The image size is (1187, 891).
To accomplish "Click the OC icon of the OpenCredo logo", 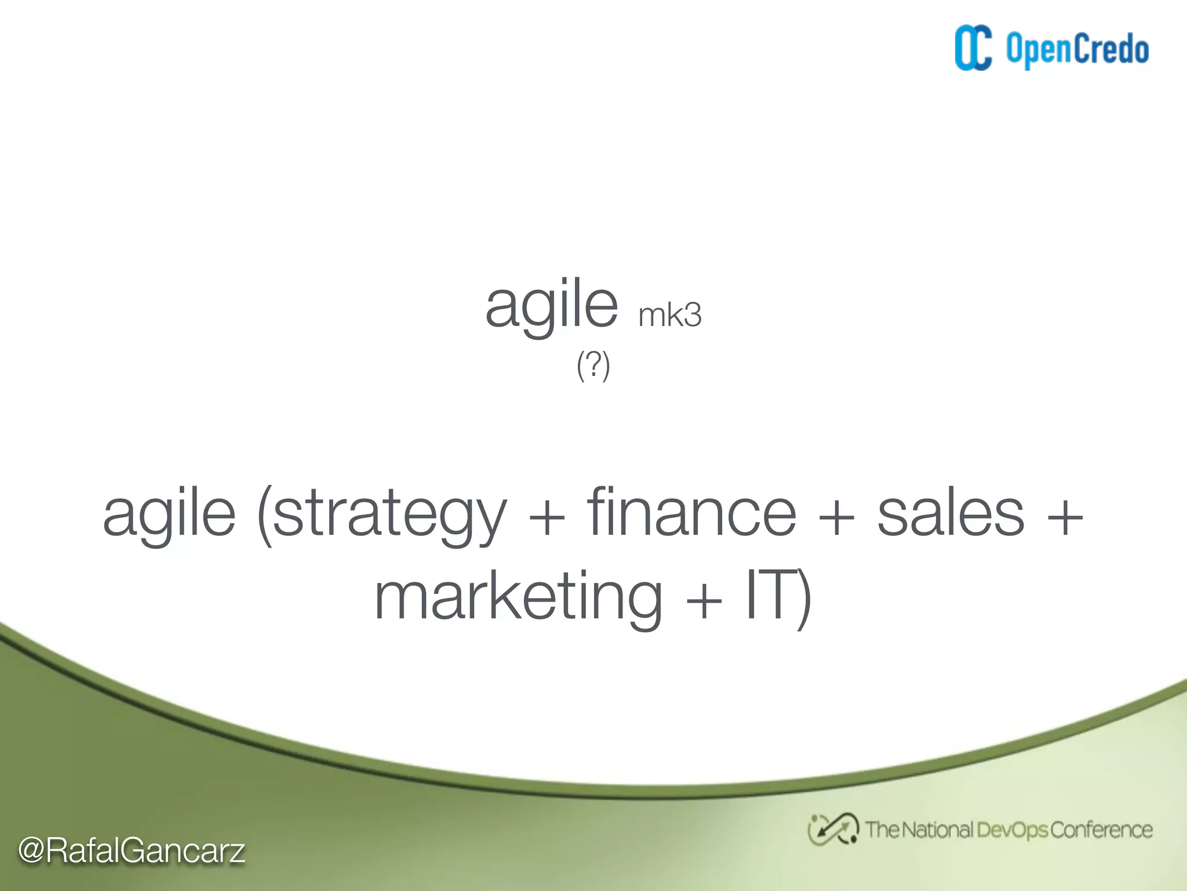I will point(973,48).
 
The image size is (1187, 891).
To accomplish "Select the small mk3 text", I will point(669,316).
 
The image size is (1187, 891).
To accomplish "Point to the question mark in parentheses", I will point(593,365).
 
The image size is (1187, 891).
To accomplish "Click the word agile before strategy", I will point(169,514).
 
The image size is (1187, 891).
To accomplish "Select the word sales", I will point(951,513).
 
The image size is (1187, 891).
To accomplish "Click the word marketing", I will point(519,597).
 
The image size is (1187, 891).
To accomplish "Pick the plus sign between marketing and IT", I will point(704,601).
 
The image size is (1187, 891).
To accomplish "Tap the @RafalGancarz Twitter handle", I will point(132,850).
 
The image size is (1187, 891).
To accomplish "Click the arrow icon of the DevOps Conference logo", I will point(832,830).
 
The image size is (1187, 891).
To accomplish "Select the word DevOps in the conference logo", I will point(1012,831).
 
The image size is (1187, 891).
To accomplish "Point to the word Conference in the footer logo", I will point(1101,830).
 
